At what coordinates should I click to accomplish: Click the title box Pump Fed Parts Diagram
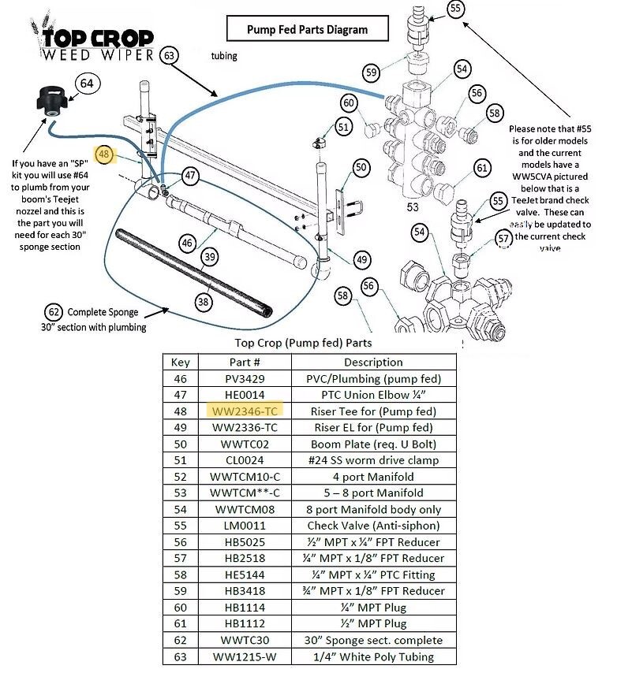[307, 30]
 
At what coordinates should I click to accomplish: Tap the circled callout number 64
[87, 83]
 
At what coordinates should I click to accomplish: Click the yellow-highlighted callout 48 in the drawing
[103, 154]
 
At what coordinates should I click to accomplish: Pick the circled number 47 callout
[190, 175]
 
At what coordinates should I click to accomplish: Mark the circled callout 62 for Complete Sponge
[53, 311]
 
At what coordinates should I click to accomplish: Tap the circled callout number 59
[372, 73]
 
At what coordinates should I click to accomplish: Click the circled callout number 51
[343, 126]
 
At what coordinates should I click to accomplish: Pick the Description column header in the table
[373, 363]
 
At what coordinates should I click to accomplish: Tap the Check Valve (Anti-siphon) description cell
[373, 526]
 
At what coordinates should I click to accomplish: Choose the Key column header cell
[181, 363]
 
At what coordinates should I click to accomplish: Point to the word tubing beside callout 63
[223, 56]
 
